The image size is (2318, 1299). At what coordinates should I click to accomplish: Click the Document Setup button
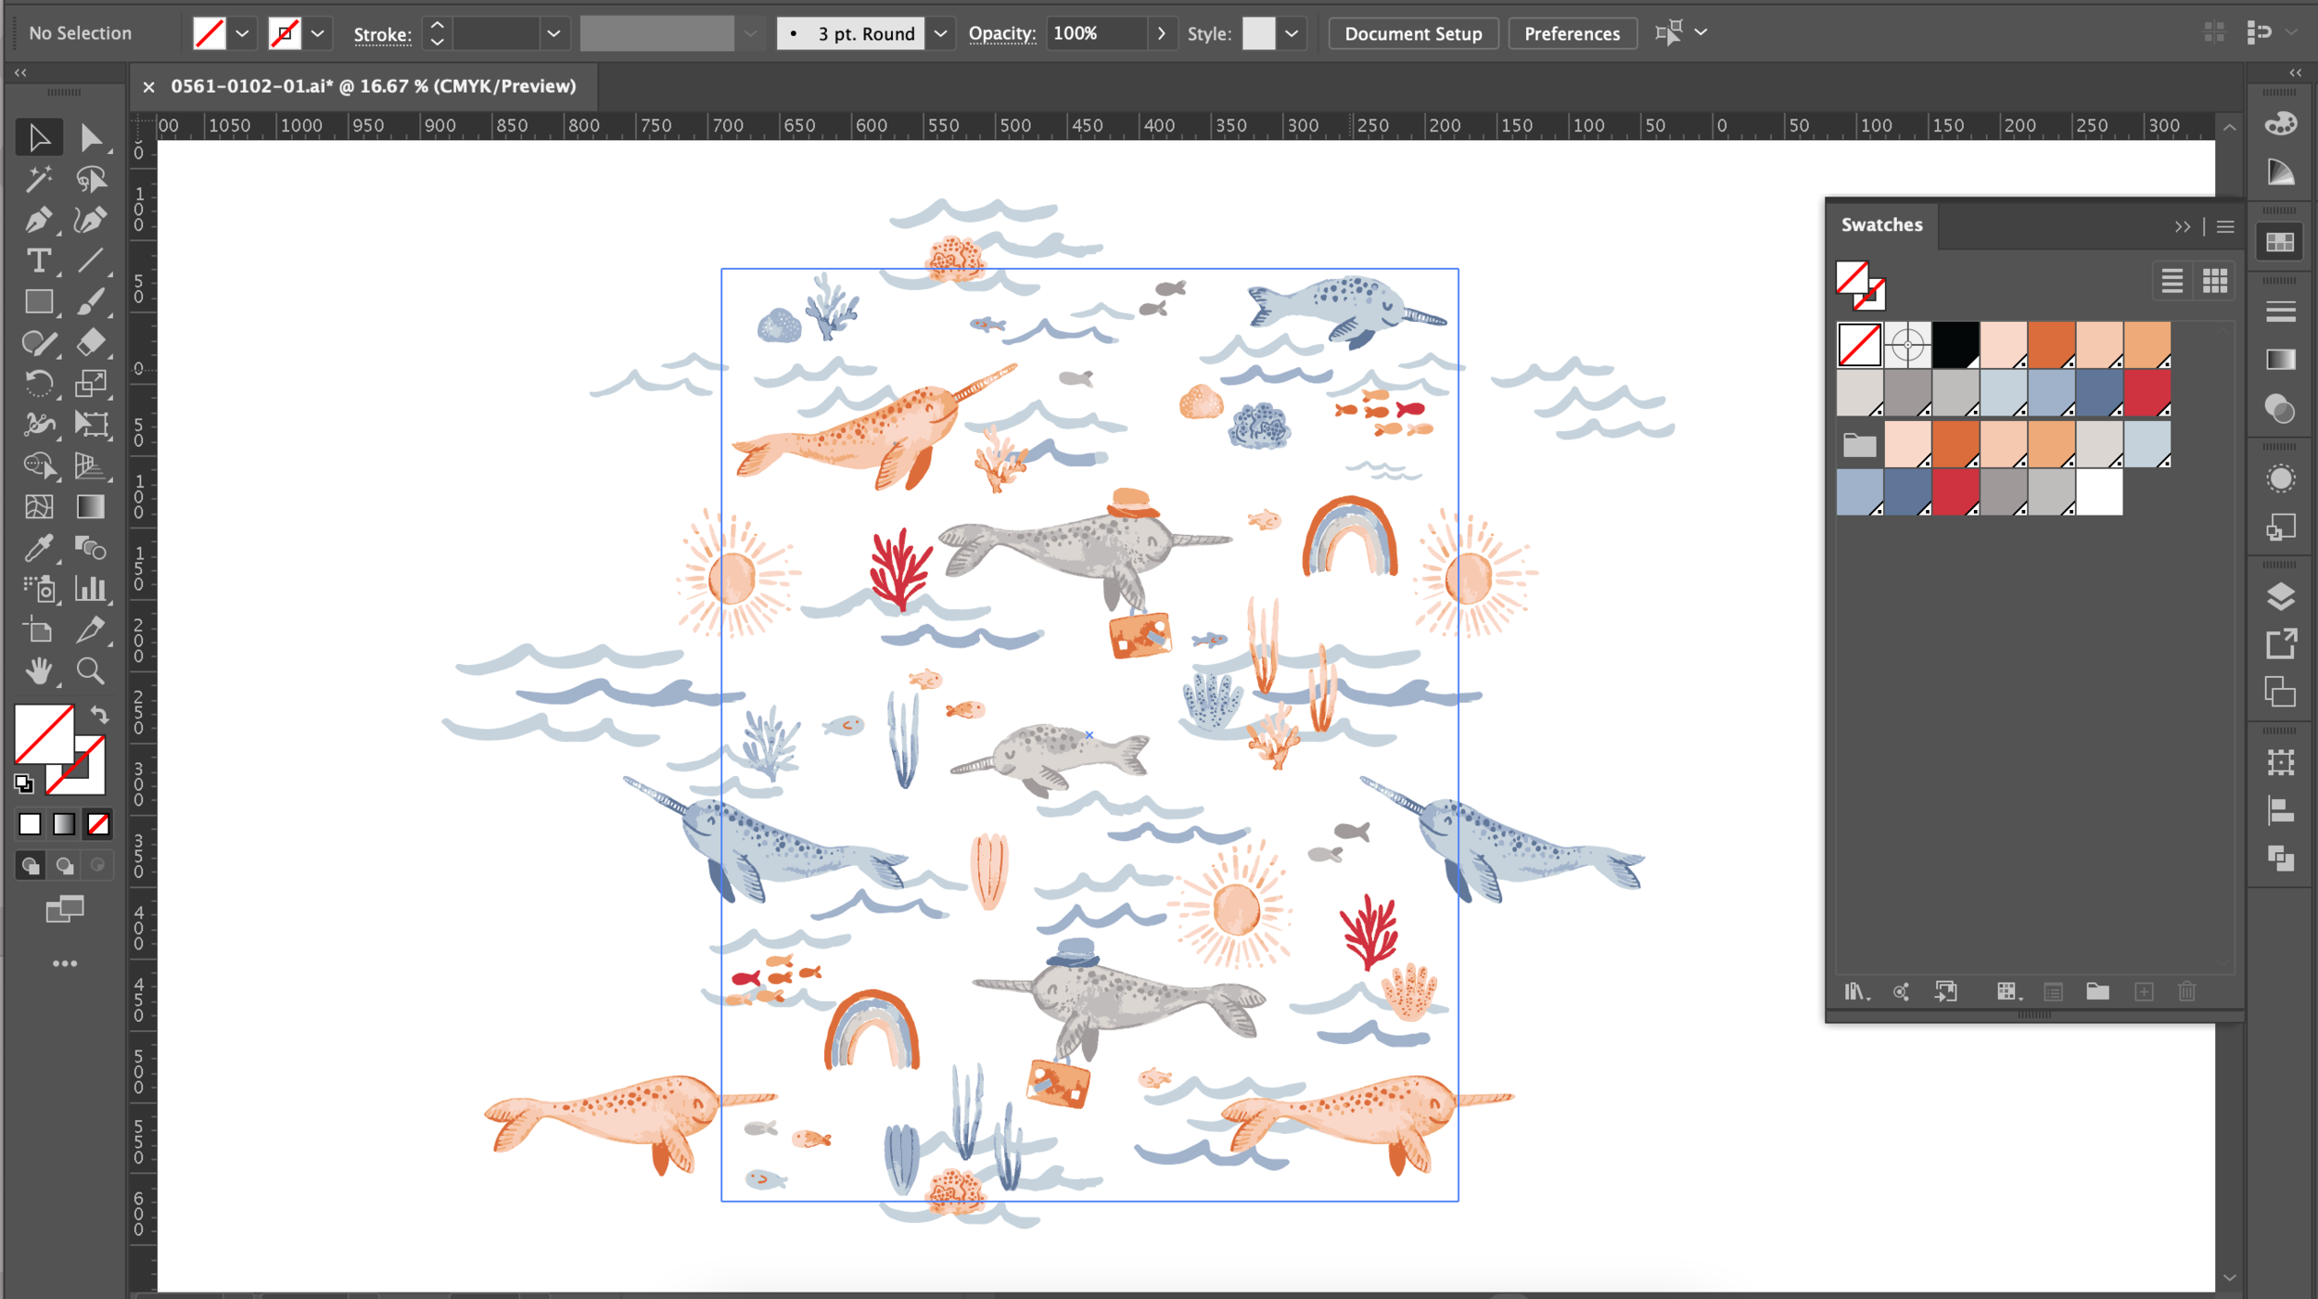click(x=1413, y=34)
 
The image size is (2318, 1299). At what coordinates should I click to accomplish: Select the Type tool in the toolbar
click(x=38, y=261)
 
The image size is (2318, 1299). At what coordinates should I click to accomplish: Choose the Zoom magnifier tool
click(x=90, y=670)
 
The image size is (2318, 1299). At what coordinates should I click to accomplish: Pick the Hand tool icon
click(x=38, y=670)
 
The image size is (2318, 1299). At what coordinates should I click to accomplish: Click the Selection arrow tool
click(x=38, y=138)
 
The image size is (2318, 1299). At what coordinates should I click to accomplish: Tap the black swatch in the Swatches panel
click(x=1955, y=345)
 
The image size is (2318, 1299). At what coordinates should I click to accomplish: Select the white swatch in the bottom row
click(x=2099, y=491)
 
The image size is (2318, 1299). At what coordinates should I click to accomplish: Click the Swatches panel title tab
click(x=1881, y=225)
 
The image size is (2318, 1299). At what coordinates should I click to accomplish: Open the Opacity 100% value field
click(x=1094, y=34)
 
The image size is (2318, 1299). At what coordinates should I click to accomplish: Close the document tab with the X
click(x=148, y=87)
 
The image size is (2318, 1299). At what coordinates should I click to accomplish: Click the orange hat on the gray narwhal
click(x=1131, y=503)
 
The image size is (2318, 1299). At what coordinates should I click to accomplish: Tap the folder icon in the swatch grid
click(x=1859, y=445)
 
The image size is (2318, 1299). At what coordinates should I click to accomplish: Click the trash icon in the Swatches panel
click(x=2186, y=992)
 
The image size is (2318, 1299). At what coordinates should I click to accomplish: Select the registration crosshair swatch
click(x=1907, y=345)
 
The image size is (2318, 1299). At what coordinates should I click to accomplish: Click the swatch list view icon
click(x=2172, y=281)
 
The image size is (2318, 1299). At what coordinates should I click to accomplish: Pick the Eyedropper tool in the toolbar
click(x=38, y=548)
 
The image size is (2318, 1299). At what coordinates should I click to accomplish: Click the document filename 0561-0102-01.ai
click(x=251, y=86)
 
